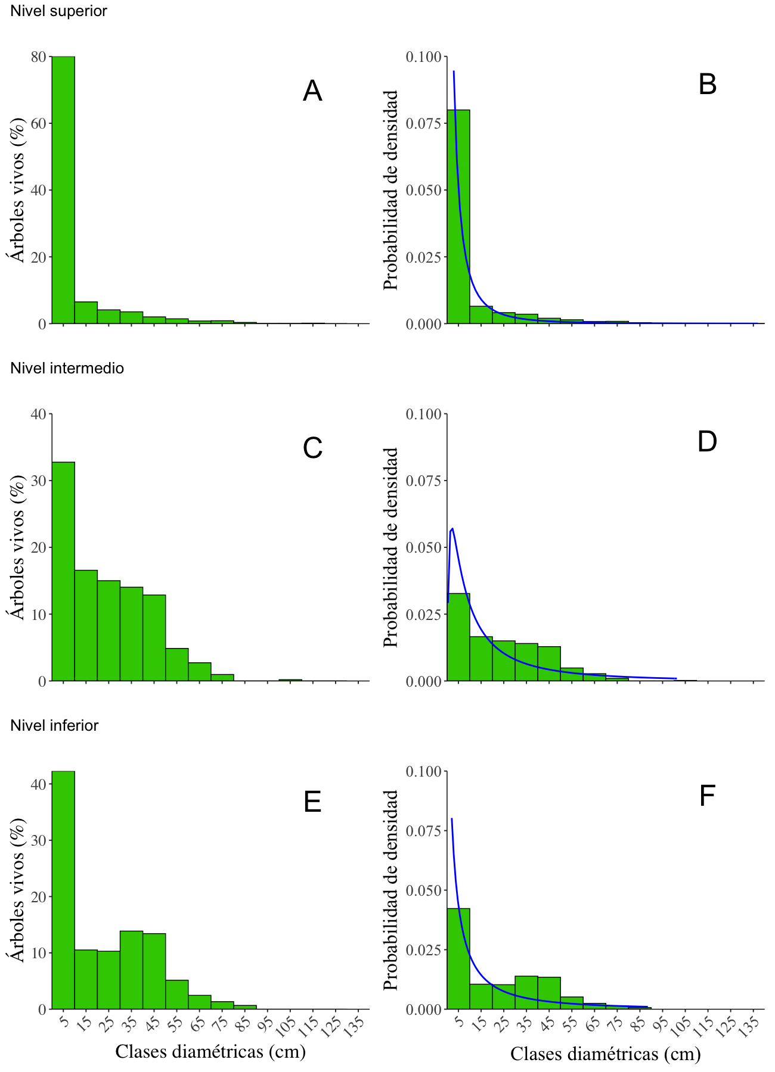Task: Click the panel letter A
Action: [312, 91]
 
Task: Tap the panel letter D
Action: [707, 441]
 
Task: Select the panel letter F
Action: [707, 796]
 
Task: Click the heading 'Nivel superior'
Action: [58, 11]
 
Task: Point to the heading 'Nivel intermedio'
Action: [67, 368]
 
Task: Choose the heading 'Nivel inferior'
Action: [54, 725]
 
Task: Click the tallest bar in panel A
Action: [63, 191]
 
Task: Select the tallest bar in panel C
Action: [63, 572]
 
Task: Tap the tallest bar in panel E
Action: [63, 890]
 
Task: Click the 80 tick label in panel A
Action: [39, 57]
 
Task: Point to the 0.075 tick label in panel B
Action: [424, 123]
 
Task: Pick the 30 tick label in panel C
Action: [39, 481]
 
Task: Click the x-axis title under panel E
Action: [210, 1051]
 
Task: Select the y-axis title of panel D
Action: [390, 547]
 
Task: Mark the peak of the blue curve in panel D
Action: [452, 528]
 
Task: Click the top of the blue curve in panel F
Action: [452, 819]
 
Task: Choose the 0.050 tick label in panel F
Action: [424, 890]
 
